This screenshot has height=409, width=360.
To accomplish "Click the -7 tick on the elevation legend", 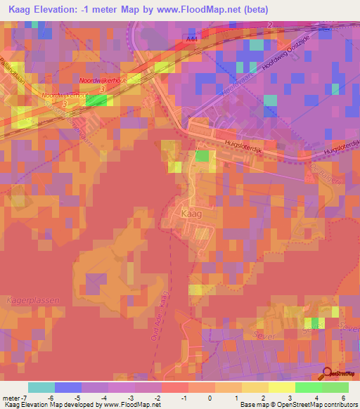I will coord(24,397).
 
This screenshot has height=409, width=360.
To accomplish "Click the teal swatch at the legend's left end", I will coord(41,387).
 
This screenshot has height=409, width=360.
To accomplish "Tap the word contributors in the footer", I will coord(339,405).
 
